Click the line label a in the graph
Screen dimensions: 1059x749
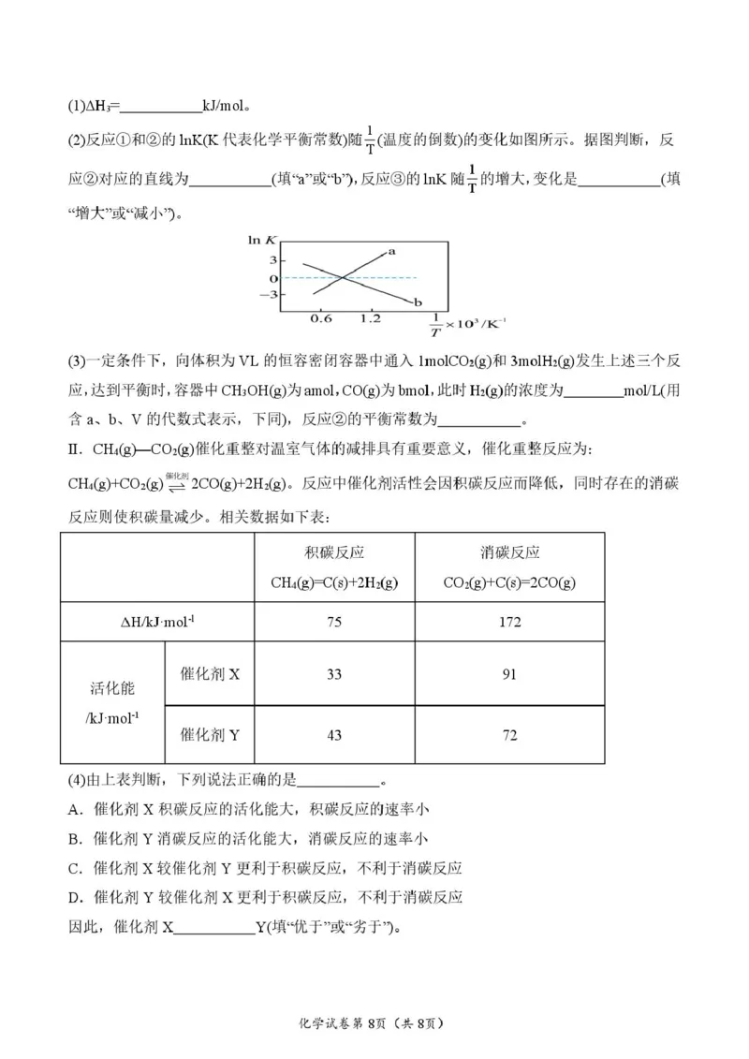pyautogui.click(x=391, y=250)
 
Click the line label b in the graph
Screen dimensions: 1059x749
pyautogui.click(x=418, y=302)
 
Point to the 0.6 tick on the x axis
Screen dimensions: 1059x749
pyautogui.click(x=320, y=318)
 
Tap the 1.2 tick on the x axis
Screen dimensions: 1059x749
pyautogui.click(x=370, y=318)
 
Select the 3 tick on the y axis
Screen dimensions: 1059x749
pyautogui.click(x=274, y=259)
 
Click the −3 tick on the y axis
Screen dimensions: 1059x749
pyautogui.click(x=272, y=294)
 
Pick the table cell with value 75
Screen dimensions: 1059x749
pyautogui.click(x=334, y=622)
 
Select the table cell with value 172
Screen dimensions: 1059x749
pyautogui.click(x=509, y=622)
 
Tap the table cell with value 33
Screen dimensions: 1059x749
pyautogui.click(x=334, y=674)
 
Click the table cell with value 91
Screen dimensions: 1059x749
pyautogui.click(x=509, y=674)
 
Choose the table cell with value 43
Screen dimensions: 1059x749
pyautogui.click(x=334, y=735)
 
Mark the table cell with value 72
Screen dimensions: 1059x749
pyautogui.click(x=509, y=735)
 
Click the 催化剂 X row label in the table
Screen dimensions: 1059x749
pyautogui.click(x=210, y=674)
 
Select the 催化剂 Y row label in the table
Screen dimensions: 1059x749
pyautogui.click(x=210, y=735)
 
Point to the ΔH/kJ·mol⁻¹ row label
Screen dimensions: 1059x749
pyautogui.click(x=156, y=622)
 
